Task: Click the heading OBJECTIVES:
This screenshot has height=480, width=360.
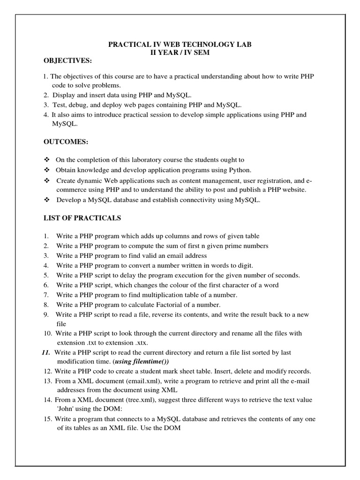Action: pyautogui.click(x=68, y=61)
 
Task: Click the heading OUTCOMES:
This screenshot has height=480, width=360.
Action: pyautogui.click(x=66, y=142)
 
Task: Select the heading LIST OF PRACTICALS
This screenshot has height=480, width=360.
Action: pyautogui.click(x=82, y=218)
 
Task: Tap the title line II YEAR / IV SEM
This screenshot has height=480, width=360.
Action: pyautogui.click(x=180, y=53)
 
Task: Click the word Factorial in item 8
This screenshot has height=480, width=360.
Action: pyautogui.click(x=172, y=305)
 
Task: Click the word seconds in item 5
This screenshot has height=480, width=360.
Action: pyautogui.click(x=287, y=275)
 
